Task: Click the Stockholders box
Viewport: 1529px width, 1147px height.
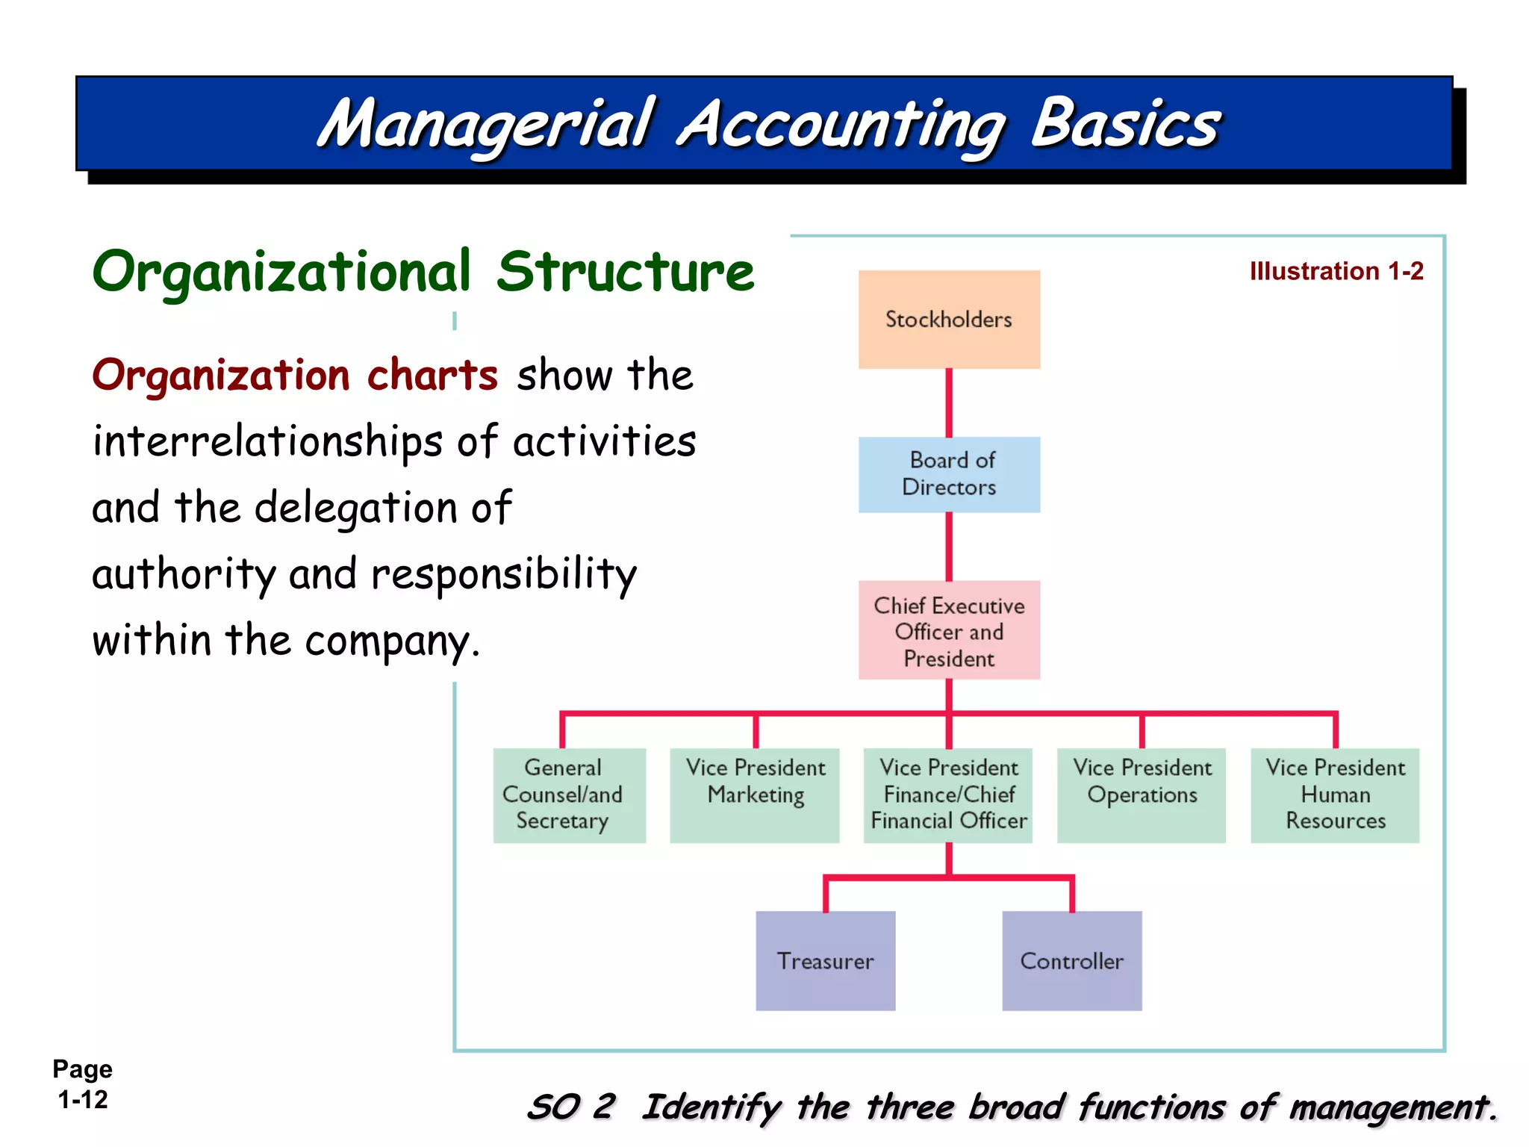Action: coord(948,320)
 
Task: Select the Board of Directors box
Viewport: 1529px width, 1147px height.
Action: coord(948,474)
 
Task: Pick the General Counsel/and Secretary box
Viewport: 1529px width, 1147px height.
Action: coord(569,795)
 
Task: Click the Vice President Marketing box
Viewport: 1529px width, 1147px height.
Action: coord(755,795)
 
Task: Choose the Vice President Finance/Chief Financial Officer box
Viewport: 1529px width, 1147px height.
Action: coord(948,795)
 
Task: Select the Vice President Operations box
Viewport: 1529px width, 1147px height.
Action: coord(1141,795)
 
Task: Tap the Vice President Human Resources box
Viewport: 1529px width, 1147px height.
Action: coord(1335,795)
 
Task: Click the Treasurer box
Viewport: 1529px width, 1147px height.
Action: coord(825,960)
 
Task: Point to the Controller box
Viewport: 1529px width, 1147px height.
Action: coord(1071,960)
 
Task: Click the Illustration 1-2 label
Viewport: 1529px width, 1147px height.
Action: coord(1336,271)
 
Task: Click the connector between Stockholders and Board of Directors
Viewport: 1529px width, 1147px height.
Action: coord(949,402)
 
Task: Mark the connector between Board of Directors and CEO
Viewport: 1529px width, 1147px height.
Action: coord(949,546)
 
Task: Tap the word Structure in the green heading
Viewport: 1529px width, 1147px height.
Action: coord(626,272)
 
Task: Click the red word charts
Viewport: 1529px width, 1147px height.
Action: coord(432,375)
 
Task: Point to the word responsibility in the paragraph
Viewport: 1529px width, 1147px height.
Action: coord(504,575)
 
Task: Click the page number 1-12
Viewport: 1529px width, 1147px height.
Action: coord(83,1099)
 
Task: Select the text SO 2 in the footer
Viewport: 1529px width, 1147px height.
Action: coord(571,1107)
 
